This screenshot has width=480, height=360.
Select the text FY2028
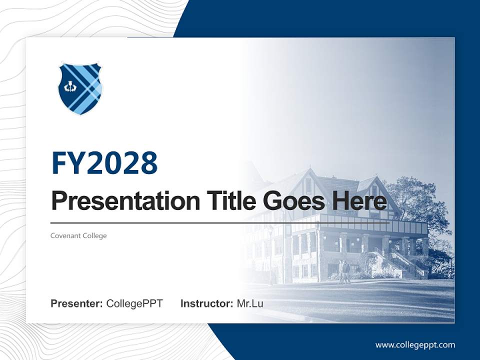tap(104, 163)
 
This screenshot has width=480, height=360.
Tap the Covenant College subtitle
tap(78, 235)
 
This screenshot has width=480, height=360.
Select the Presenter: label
tap(77, 303)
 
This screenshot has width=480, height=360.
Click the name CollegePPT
tap(134, 303)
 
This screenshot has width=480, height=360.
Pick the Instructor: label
tap(206, 303)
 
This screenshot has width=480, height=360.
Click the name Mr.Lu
tap(250, 303)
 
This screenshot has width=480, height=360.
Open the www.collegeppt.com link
tap(415, 345)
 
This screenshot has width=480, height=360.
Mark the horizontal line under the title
tap(220, 222)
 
